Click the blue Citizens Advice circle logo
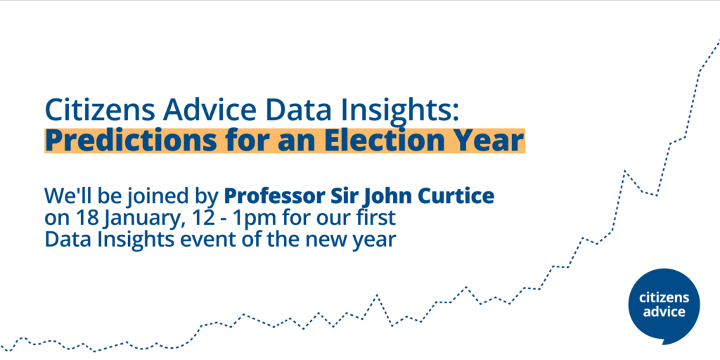[x=664, y=306]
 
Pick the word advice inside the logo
[x=664, y=311]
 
